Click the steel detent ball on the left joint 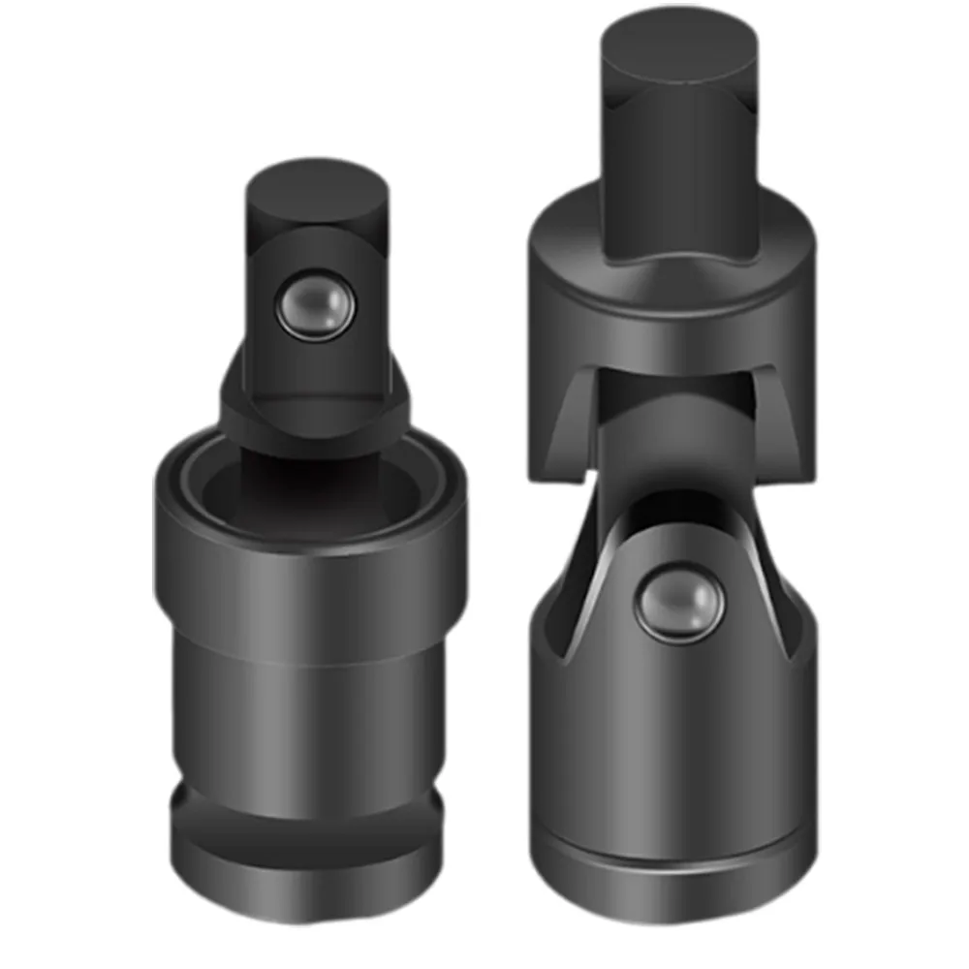[x=312, y=305]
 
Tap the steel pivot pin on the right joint [x=679, y=604]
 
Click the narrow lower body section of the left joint [x=310, y=717]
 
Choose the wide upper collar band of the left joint [x=310, y=581]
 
